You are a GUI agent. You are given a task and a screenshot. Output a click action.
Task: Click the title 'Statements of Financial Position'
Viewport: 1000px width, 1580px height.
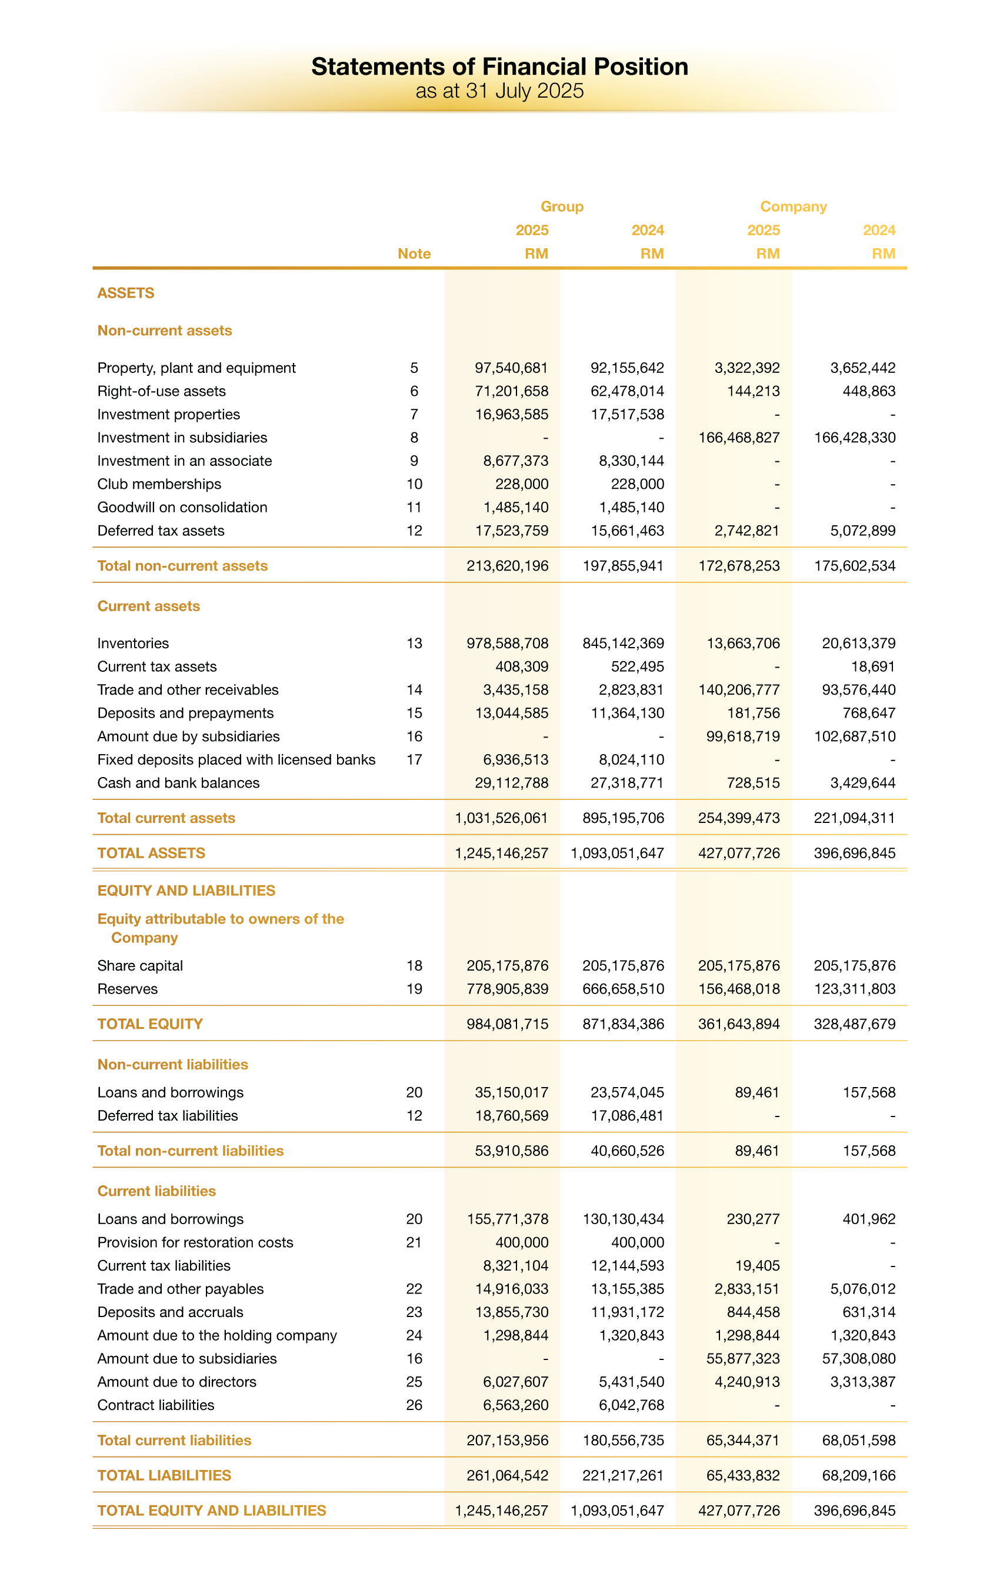pos(499,67)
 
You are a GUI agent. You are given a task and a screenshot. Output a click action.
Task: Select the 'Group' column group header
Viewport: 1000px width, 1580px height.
pos(562,206)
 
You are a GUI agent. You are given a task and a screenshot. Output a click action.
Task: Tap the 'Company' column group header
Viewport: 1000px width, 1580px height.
pos(793,206)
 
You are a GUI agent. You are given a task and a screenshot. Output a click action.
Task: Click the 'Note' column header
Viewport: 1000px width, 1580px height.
pos(414,254)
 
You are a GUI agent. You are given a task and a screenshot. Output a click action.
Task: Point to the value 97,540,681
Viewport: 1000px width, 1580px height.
pos(511,368)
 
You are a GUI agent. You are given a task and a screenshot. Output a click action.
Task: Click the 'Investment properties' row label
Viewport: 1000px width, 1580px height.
pos(169,415)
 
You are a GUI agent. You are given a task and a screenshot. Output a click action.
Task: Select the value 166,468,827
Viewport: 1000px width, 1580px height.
pos(739,438)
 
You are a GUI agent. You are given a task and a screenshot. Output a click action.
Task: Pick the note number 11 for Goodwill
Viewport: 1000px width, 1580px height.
pos(414,507)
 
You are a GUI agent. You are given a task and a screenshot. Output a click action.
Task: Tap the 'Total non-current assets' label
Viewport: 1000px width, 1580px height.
pos(182,566)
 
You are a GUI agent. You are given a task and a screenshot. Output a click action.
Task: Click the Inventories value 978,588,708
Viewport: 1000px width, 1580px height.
pos(507,644)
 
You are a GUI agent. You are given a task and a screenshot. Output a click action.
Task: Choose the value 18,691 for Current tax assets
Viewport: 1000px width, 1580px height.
pos(873,666)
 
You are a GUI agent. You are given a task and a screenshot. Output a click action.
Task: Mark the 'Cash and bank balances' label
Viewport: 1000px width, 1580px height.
pos(178,783)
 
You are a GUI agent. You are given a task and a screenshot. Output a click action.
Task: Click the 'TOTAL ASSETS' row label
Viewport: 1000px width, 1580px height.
pos(151,853)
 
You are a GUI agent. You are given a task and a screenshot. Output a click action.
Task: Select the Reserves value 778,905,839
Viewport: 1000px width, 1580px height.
pos(507,989)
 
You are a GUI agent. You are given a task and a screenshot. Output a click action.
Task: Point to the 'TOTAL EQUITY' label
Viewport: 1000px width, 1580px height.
pos(149,1024)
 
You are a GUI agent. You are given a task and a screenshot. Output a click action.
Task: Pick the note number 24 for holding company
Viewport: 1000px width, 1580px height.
pos(414,1335)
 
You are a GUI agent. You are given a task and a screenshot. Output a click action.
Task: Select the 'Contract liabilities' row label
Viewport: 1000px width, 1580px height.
pos(155,1405)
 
